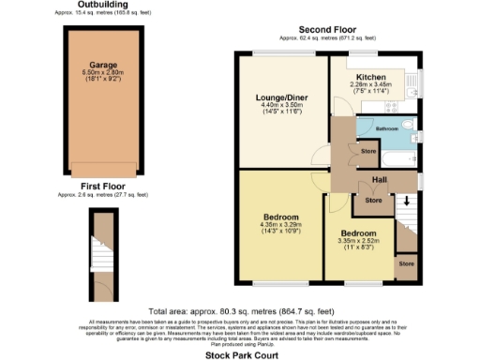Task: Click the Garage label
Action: click(x=103, y=66)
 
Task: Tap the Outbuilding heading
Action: click(x=103, y=6)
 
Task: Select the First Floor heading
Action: click(x=103, y=187)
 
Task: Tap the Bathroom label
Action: click(x=387, y=128)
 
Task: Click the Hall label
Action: click(x=380, y=179)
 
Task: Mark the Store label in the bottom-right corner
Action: click(x=405, y=264)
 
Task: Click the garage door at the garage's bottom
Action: click(x=103, y=173)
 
